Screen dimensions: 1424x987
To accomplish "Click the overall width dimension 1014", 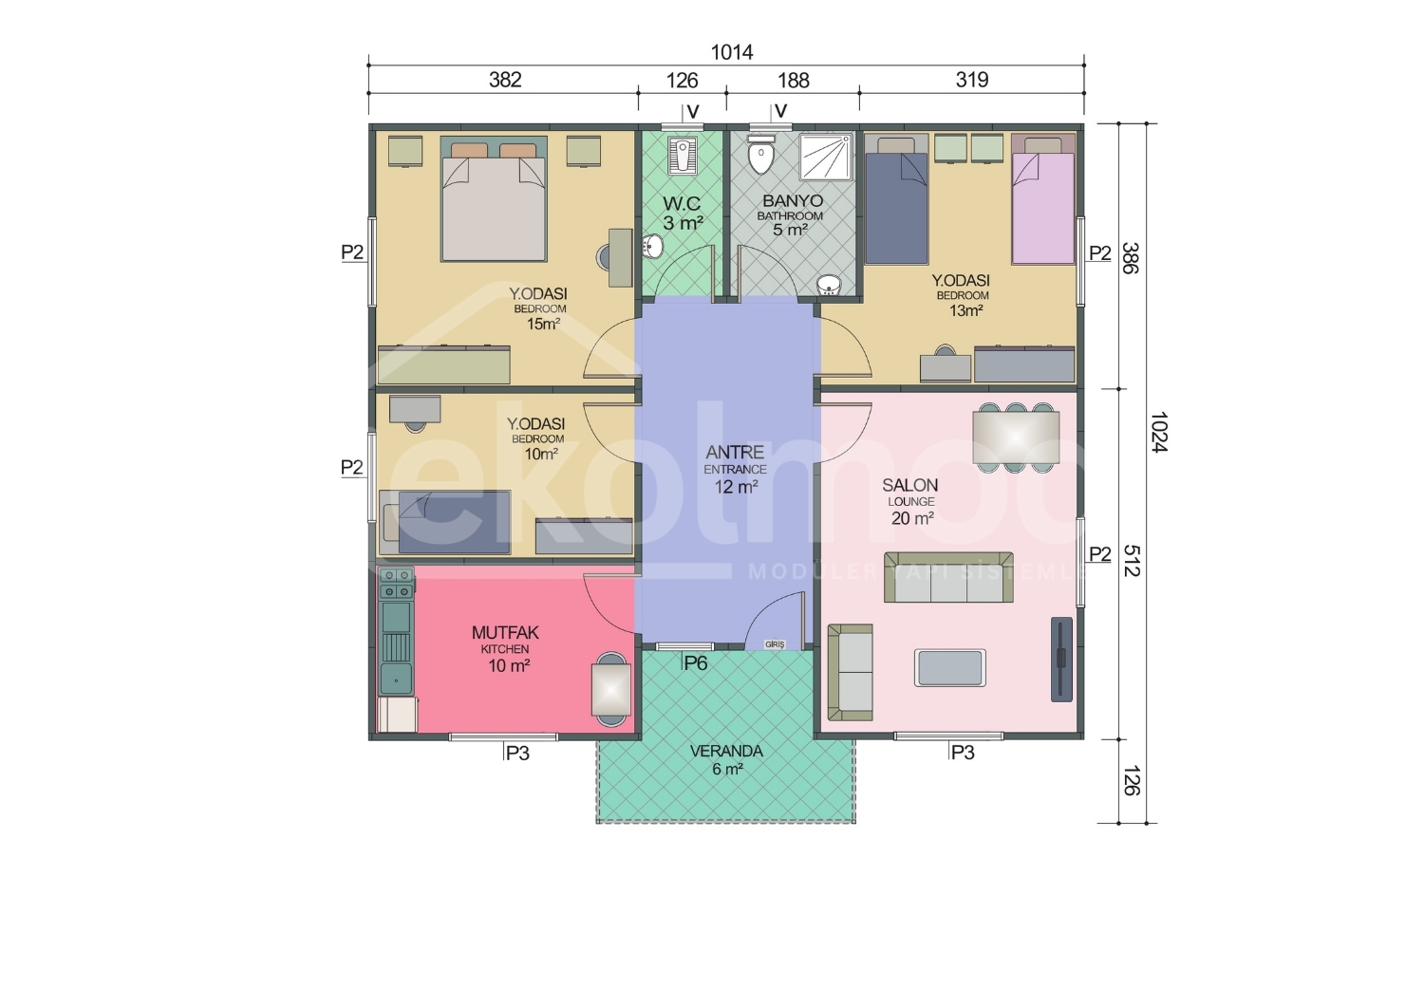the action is pos(731,52).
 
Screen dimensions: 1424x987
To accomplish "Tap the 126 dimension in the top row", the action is pos(682,81).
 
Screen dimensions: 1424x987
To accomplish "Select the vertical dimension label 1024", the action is pos(1159,432).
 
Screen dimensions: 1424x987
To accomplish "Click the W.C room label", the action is pos(682,203).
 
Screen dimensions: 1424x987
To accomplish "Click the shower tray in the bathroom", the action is pos(826,157).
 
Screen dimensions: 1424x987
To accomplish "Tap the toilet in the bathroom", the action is pos(761,155).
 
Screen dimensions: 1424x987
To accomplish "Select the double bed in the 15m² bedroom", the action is pos(494,199).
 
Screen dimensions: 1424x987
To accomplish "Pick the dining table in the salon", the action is pos(1016,438).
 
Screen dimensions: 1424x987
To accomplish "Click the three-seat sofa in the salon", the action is pos(948,577).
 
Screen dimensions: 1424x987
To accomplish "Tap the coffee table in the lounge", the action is pos(949,667).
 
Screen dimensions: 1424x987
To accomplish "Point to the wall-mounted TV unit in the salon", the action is pos(1061,659).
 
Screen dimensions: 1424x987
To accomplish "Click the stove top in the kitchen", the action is pos(396,584).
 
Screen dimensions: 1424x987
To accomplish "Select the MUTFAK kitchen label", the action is pos(505,632).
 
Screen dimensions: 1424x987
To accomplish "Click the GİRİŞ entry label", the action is pos(775,643).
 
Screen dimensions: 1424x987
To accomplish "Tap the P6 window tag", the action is pos(696,663).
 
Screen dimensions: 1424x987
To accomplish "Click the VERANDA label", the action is pos(726,751).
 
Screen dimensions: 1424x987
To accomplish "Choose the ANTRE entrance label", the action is pos(735,452).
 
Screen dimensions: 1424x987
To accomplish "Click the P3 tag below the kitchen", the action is pos(517,754).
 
